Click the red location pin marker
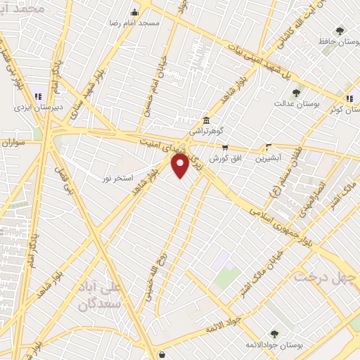[x=181, y=167]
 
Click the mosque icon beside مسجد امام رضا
[x=136, y=12]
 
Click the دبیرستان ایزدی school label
[x=32, y=108]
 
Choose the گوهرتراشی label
[x=206, y=131]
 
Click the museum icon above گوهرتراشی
[x=205, y=120]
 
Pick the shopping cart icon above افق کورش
[x=225, y=148]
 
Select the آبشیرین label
[x=268, y=158]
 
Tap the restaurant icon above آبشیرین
[x=268, y=148]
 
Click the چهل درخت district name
[x=324, y=275]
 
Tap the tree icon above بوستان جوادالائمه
[x=274, y=334]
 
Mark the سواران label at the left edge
[x=13, y=142]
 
